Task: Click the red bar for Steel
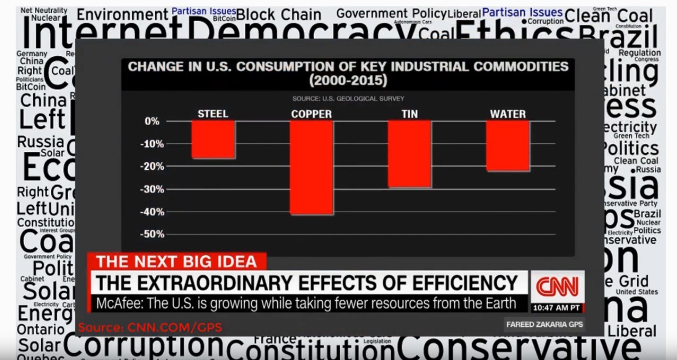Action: click(213, 139)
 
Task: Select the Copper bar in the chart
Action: click(311, 167)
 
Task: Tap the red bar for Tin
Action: click(409, 154)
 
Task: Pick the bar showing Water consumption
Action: click(508, 146)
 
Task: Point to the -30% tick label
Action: click(152, 190)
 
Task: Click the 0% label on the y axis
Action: click(152, 121)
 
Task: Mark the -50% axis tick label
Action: click(152, 234)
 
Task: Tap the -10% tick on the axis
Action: click(152, 144)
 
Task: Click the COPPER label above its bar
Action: click(311, 114)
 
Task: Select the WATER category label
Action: click(508, 114)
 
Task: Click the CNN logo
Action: click(557, 287)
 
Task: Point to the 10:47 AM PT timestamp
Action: click(557, 307)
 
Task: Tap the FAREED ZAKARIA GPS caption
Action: click(544, 324)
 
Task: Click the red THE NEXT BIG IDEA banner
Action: click(176, 261)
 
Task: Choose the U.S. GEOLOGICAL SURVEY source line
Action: click(348, 99)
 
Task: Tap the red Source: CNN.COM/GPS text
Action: click(150, 328)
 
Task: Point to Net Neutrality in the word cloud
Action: click(44, 10)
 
